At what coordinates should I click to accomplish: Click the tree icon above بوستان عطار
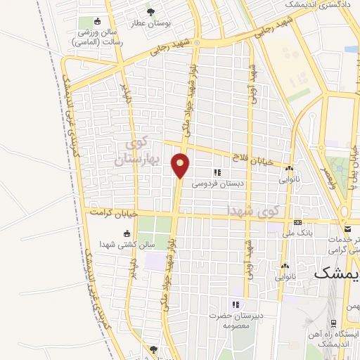click(150, 11)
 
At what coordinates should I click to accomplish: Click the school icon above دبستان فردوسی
click(218, 172)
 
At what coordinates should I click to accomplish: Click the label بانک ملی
click(298, 232)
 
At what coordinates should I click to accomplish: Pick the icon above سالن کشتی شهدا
click(127, 233)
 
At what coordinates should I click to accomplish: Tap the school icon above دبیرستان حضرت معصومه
click(236, 304)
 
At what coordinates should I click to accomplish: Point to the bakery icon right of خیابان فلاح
click(288, 168)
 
